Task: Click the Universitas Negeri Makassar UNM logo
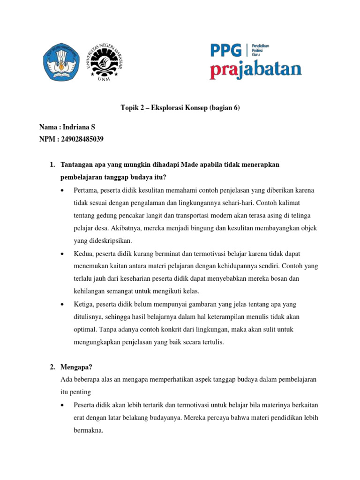(104, 62)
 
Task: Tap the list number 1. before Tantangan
(52, 165)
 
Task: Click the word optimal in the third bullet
(85, 330)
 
